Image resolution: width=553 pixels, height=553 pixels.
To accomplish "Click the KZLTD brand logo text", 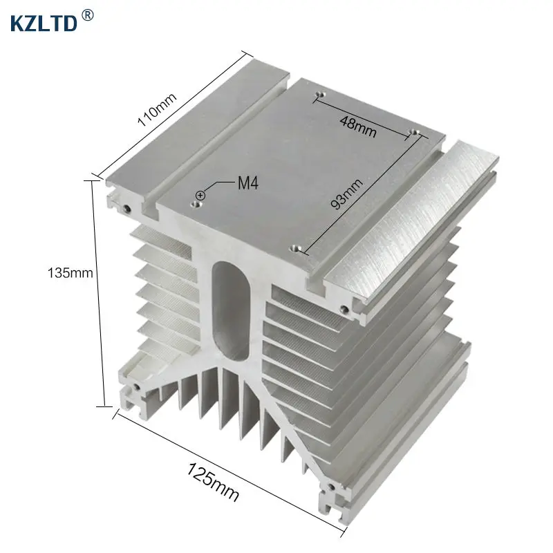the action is [x=44, y=24].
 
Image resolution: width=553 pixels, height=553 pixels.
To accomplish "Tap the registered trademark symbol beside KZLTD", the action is [x=88, y=15].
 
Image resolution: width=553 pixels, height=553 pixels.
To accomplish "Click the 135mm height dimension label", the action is [x=71, y=273].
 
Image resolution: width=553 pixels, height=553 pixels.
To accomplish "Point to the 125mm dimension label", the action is [x=213, y=482].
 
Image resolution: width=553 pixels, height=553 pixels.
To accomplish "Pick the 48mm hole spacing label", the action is [x=358, y=126].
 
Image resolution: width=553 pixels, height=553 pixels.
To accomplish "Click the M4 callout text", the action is [x=248, y=183].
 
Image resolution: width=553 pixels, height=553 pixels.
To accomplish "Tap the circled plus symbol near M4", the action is [x=200, y=195].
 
